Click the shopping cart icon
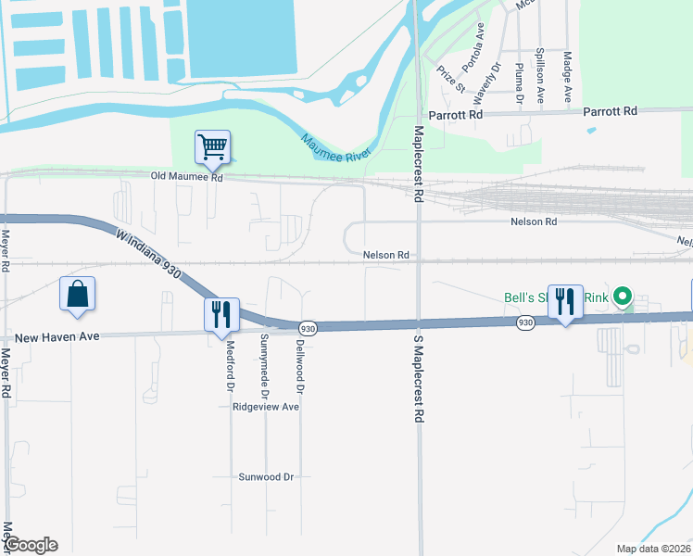coord(212,146)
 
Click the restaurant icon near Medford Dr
coord(221,314)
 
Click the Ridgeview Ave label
coord(266,407)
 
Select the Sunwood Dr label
coord(266,476)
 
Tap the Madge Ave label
coord(568,76)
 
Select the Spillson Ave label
coord(540,75)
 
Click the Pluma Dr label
coord(519,82)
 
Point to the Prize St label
coord(451,79)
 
